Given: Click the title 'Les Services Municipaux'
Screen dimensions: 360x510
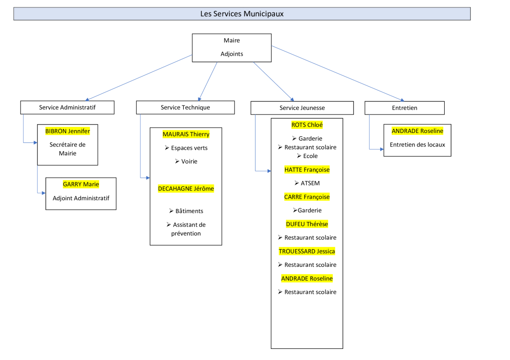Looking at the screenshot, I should pos(242,14).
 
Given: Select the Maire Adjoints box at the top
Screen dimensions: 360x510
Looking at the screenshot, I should pos(232,47).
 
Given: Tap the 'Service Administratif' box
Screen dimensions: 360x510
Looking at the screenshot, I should pos(67,107).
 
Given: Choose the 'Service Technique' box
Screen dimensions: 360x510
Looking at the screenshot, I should pos(185,107).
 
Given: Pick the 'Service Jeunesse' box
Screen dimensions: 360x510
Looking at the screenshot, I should pos(302,108).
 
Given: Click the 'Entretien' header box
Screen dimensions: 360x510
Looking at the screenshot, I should pos(404,108).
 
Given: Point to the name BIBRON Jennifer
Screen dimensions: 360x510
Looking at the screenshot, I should pos(68,131).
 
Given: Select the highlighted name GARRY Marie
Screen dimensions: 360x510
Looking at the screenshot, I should pos(81,184).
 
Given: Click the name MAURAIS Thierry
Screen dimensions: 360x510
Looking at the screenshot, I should pos(186,134).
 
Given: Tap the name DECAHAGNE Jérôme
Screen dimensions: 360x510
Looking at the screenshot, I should pos(186,189).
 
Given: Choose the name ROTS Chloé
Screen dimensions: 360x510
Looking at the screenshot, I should pos(307,125).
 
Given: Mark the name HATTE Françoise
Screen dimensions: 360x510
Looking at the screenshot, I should pos(307,170).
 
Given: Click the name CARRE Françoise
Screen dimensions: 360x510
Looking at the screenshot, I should pos(307,197).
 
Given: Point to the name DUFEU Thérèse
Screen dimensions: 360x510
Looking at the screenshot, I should pos(307,224).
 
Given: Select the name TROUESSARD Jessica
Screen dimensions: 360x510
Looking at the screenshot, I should pos(307,252).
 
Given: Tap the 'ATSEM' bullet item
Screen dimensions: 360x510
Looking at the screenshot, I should pos(310,183).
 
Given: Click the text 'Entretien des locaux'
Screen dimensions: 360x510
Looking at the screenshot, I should pos(417,145).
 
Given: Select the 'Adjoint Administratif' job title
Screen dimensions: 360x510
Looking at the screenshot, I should pos(81,198).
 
